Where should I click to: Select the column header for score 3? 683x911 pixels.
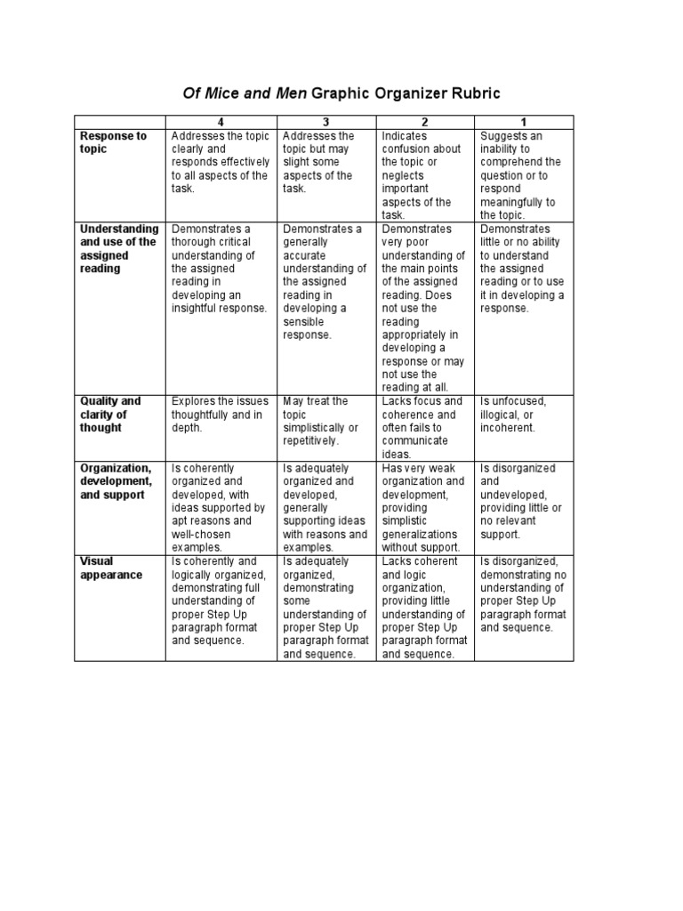[x=326, y=122]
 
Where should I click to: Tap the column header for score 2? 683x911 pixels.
[x=425, y=122]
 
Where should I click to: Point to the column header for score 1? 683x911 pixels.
[x=523, y=122]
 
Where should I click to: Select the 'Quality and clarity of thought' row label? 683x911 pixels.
[x=110, y=415]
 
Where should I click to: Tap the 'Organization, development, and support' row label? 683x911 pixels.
[x=116, y=481]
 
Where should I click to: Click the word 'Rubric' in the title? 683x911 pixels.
[x=475, y=93]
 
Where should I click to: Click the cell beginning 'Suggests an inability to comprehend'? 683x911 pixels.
[x=521, y=175]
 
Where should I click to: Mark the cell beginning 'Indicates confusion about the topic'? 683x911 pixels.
[x=422, y=175]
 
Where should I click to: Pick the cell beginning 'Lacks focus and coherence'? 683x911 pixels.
[x=422, y=428]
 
